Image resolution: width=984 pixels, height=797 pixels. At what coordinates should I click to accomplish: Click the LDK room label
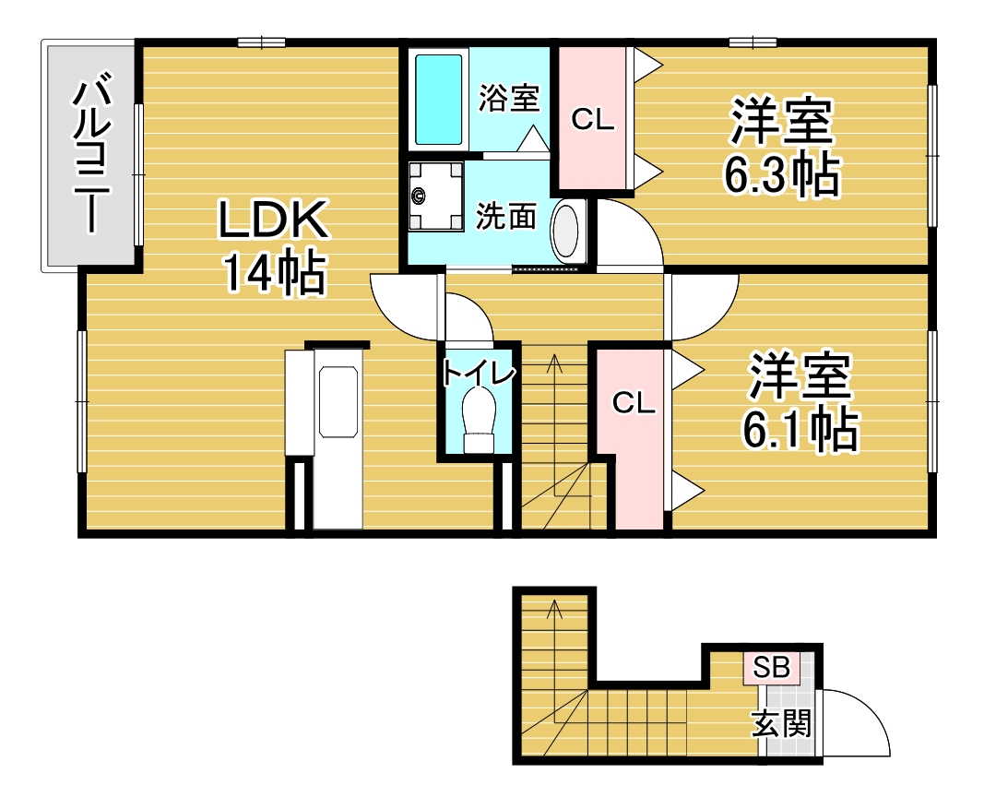pyautogui.click(x=273, y=219)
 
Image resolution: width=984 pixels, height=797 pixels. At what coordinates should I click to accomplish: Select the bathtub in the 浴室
pyautogui.click(x=439, y=99)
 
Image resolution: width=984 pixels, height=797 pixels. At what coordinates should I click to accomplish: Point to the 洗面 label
pyautogui.click(x=505, y=217)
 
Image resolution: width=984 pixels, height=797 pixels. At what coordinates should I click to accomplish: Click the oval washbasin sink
pyautogui.click(x=566, y=230)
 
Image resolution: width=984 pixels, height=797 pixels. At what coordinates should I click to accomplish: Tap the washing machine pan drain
pyautogui.click(x=419, y=196)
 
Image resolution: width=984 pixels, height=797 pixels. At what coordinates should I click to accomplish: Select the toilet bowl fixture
pyautogui.click(x=479, y=419)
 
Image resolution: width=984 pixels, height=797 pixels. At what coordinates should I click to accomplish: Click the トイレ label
pyautogui.click(x=479, y=373)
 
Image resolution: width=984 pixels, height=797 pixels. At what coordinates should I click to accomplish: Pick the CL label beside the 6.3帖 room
pyautogui.click(x=592, y=119)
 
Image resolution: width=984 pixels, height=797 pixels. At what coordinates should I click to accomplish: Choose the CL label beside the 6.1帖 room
pyautogui.click(x=634, y=403)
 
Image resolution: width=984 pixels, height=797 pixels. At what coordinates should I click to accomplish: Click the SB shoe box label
pyautogui.click(x=771, y=667)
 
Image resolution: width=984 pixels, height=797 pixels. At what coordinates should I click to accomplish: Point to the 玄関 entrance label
pyautogui.click(x=782, y=723)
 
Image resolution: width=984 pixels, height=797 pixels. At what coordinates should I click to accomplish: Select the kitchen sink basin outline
pyautogui.click(x=338, y=401)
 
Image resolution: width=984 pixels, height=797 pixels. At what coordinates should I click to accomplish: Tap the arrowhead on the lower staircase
pyautogui.click(x=553, y=609)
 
